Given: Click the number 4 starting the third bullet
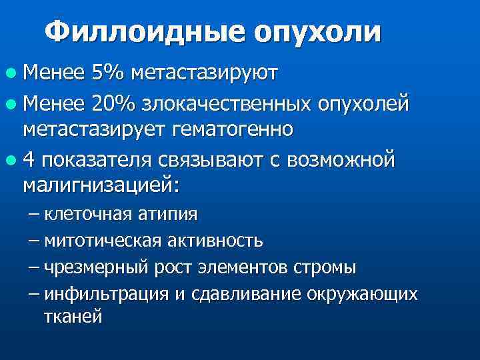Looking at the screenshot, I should (27, 161).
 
